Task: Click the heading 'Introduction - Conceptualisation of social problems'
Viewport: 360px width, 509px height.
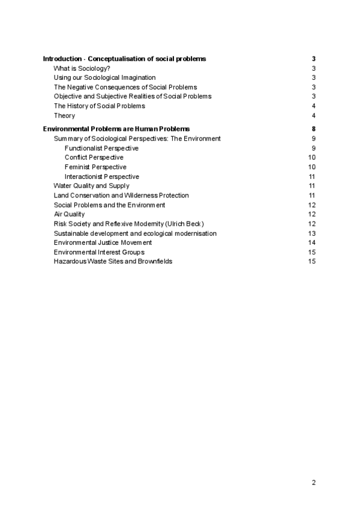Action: tap(124, 59)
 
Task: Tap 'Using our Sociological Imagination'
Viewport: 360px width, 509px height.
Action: tap(104, 77)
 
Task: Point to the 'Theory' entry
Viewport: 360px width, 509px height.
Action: tap(64, 116)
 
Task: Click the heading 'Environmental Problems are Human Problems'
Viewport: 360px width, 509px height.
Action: tap(116, 129)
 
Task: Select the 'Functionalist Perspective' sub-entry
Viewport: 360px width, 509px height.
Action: tap(101, 148)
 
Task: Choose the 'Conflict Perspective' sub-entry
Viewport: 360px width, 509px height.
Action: tap(94, 157)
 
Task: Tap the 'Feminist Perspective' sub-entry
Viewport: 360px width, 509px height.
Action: tap(95, 167)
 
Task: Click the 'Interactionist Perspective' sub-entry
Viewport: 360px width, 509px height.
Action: tap(101, 176)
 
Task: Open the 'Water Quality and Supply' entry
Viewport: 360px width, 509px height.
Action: tap(91, 186)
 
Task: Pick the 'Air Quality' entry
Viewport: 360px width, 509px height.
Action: tap(69, 214)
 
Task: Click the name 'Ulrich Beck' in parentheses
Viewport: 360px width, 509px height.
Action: tap(188, 224)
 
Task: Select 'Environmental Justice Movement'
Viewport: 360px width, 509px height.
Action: tap(103, 242)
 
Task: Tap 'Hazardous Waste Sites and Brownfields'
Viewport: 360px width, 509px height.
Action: tap(113, 261)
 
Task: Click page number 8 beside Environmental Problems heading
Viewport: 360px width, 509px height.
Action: tap(314, 129)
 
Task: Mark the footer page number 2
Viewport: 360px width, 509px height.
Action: tap(314, 482)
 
